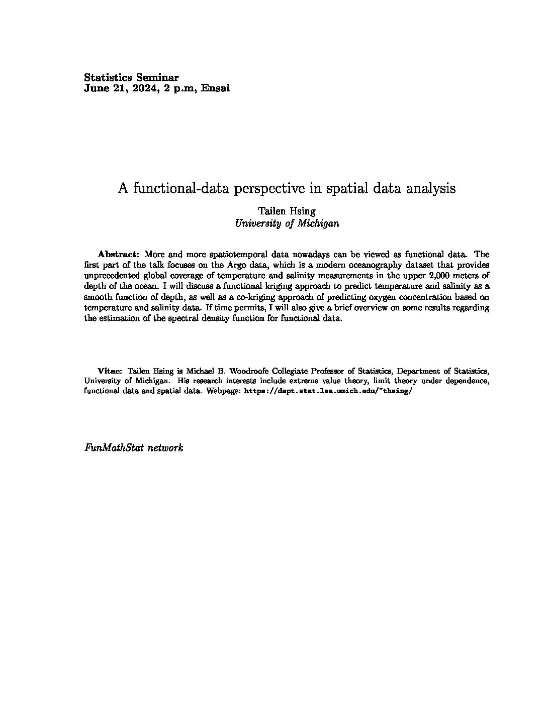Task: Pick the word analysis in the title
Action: pyautogui.click(x=432, y=188)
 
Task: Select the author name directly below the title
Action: pyautogui.click(x=287, y=211)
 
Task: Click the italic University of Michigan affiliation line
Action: pyautogui.click(x=287, y=224)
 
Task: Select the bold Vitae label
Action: pyautogui.click(x=110, y=371)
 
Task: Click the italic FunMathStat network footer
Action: pyautogui.click(x=134, y=447)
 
